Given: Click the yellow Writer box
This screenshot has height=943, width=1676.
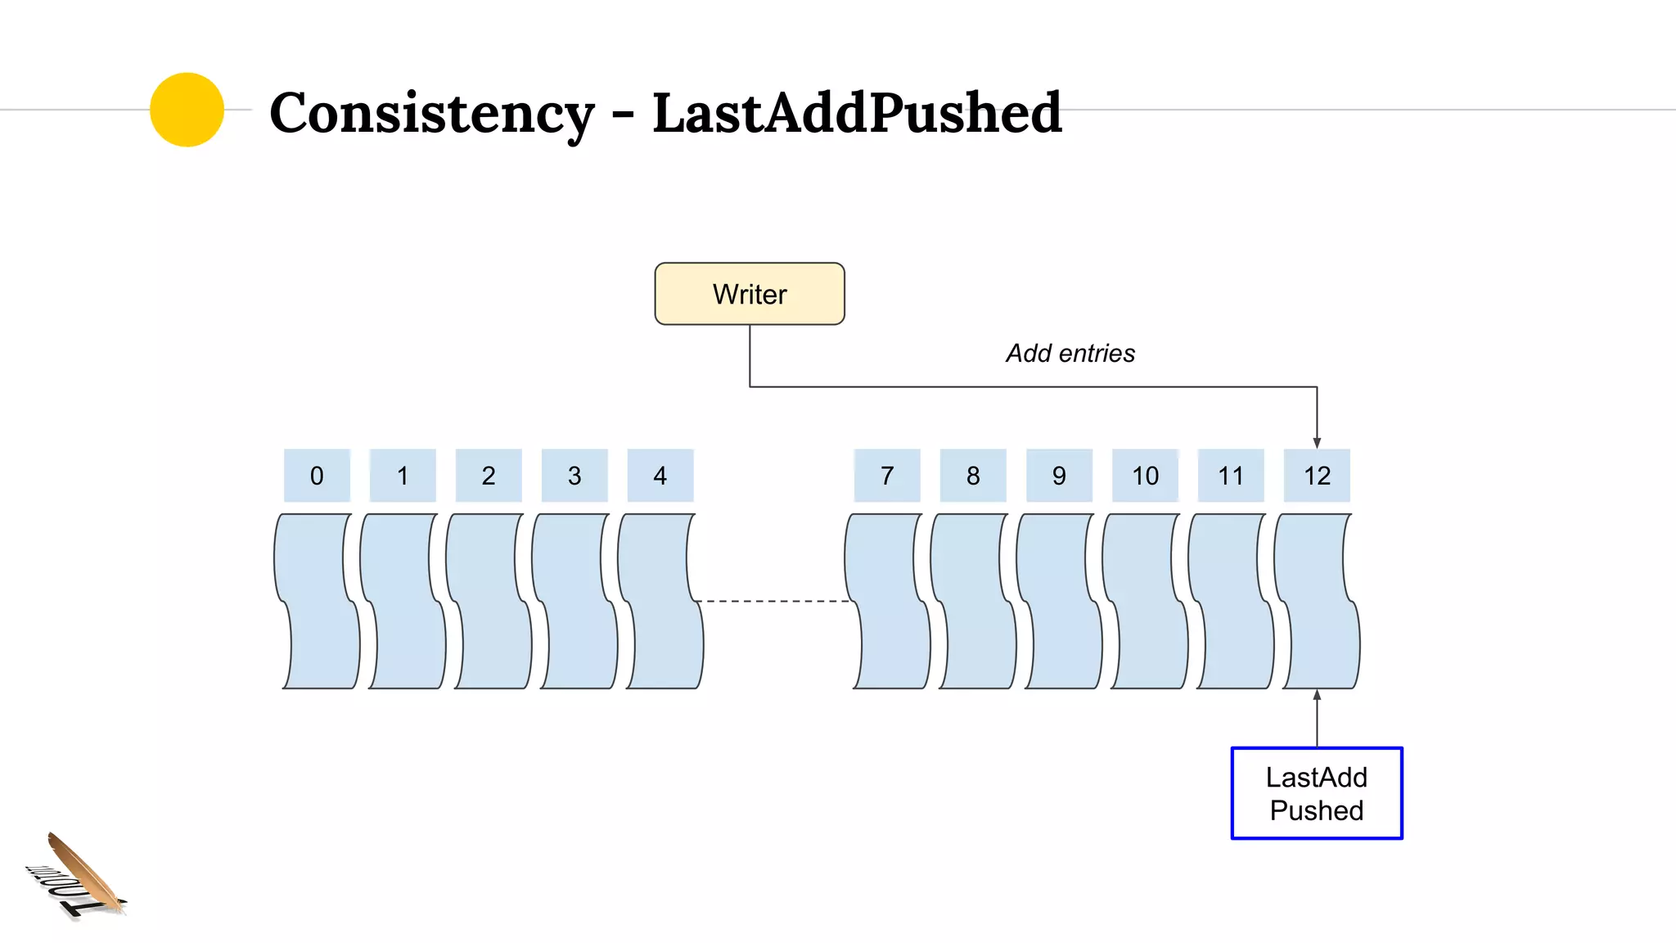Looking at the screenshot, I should pyautogui.click(x=749, y=294).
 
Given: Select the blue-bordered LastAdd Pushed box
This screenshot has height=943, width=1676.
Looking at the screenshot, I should pyautogui.click(x=1316, y=792).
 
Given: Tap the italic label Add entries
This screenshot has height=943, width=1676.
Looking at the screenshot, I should pyautogui.click(x=1070, y=353).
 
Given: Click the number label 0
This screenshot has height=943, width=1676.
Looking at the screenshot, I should pyautogui.click(x=317, y=476).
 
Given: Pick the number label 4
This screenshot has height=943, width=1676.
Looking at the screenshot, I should pyautogui.click(x=660, y=476).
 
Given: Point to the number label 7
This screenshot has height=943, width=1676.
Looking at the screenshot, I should pyautogui.click(x=886, y=476).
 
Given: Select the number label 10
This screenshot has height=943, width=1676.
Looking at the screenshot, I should pyautogui.click(x=1144, y=476).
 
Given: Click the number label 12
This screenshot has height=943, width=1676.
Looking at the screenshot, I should pyautogui.click(x=1316, y=476).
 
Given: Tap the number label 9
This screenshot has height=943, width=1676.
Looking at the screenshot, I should pyautogui.click(x=1058, y=476).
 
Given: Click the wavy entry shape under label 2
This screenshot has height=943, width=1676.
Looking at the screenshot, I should pyautogui.click(x=489, y=602).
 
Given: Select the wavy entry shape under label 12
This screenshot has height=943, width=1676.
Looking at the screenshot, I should pyautogui.click(x=1316, y=602).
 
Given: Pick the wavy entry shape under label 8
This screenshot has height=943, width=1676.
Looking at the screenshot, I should pyautogui.click(x=972, y=602).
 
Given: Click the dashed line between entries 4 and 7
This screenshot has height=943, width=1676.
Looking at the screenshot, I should pyautogui.click(x=773, y=601).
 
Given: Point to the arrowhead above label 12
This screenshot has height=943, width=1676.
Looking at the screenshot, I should pyautogui.click(x=1317, y=443).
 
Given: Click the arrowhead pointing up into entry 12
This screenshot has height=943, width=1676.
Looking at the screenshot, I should pyautogui.click(x=1317, y=695).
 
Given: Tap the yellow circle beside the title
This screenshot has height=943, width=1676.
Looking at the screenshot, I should pyautogui.click(x=187, y=110).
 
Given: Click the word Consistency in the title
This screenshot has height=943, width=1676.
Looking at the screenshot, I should pyautogui.click(x=431, y=113).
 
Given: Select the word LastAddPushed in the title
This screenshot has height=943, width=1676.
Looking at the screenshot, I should pyautogui.click(x=856, y=113).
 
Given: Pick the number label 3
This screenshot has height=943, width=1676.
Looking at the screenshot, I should pyautogui.click(x=574, y=476).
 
